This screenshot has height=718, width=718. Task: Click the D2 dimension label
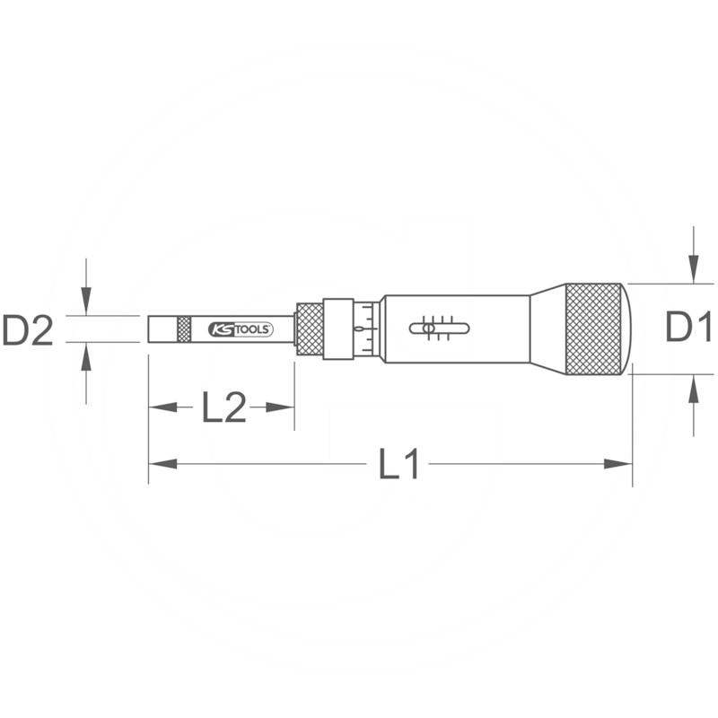click(x=29, y=330)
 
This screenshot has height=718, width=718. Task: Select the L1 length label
click(x=398, y=464)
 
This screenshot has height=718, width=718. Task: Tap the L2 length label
click(x=223, y=408)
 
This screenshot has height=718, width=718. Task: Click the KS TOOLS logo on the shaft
click(x=240, y=329)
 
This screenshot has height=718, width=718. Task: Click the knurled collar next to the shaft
click(x=310, y=329)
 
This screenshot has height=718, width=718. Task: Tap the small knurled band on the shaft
click(x=184, y=329)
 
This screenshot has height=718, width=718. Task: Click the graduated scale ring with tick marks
click(x=365, y=329)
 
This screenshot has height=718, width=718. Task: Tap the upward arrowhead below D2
click(x=85, y=356)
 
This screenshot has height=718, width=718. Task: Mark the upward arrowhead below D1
click(x=692, y=388)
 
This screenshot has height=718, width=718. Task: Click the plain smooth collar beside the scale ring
click(x=338, y=329)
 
